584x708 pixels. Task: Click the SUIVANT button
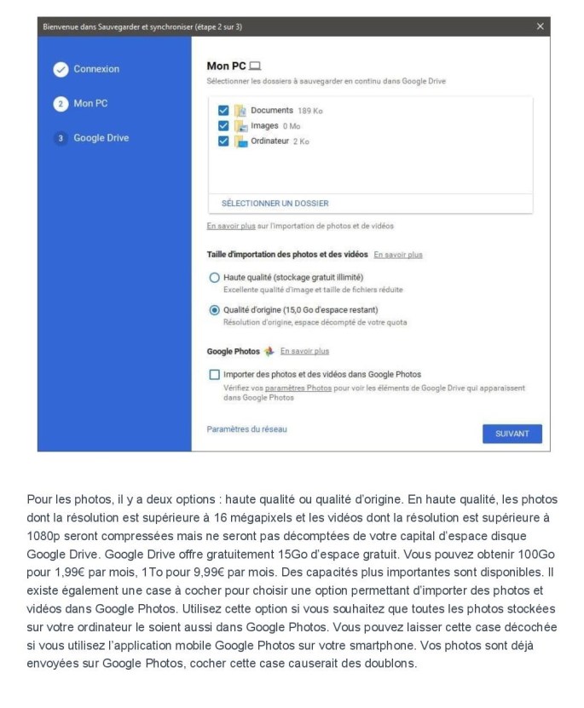click(x=512, y=434)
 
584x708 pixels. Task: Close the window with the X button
click(x=540, y=26)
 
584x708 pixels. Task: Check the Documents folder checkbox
click(x=223, y=111)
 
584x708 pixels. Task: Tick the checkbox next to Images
click(x=223, y=126)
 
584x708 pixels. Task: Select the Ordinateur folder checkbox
click(x=223, y=141)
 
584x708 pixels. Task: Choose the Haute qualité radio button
click(x=214, y=278)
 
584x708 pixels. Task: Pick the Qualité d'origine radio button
click(x=214, y=310)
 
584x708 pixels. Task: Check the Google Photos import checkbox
click(x=214, y=374)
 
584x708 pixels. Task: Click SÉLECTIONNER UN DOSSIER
click(x=275, y=204)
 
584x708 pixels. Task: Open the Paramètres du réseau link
click(x=246, y=429)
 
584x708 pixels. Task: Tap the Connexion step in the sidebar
click(x=96, y=69)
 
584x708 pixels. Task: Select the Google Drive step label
click(x=101, y=137)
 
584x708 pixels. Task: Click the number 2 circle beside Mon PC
click(x=61, y=104)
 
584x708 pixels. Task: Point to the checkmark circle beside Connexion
click(x=61, y=70)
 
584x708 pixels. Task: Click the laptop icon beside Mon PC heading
click(x=254, y=66)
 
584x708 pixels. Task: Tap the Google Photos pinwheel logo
click(x=269, y=351)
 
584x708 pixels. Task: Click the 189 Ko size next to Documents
click(x=309, y=111)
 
